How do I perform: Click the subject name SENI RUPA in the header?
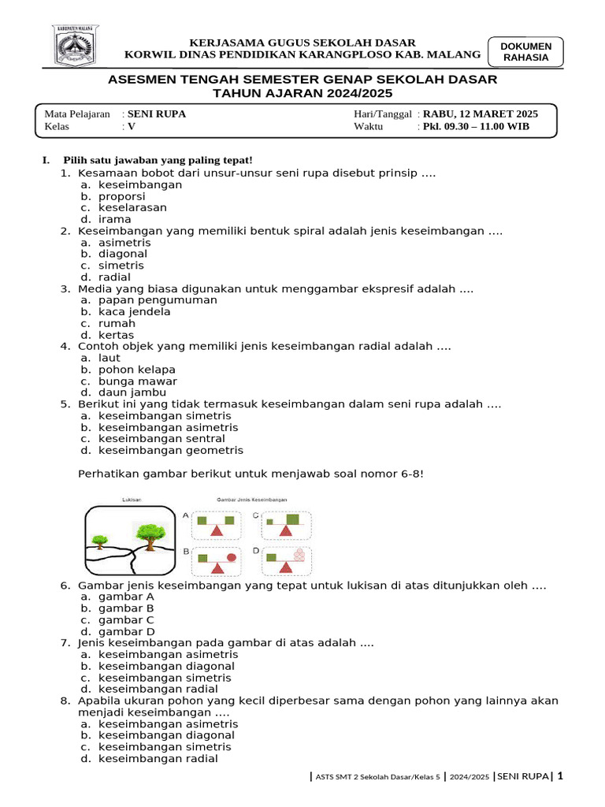pos(157,113)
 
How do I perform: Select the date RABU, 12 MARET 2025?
pos(481,113)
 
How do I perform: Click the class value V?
pos(132,126)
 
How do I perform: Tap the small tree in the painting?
pos(100,541)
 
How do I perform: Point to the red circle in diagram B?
pos(231,557)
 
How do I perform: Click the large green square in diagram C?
pos(293,519)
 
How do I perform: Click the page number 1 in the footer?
pos(560,776)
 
